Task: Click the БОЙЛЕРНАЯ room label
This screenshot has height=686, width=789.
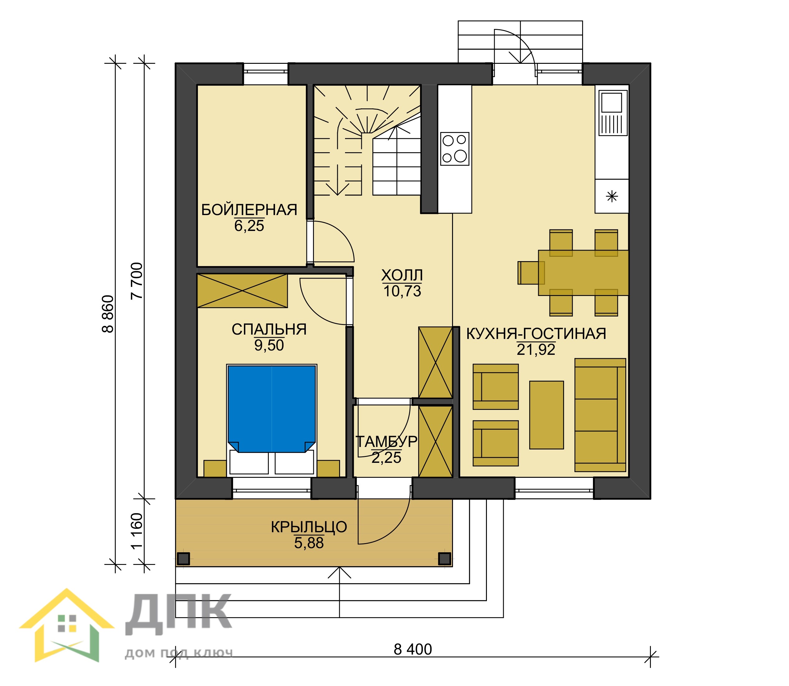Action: point(249,210)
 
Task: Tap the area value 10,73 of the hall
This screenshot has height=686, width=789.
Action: point(402,291)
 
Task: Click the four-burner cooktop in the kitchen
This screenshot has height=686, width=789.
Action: point(455,148)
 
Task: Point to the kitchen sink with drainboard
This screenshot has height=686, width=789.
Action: point(613,113)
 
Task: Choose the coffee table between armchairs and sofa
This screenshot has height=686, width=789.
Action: point(546,415)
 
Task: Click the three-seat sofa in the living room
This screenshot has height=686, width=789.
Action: point(600,415)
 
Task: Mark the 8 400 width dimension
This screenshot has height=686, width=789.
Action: point(413,649)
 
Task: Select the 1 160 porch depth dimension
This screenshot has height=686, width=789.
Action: point(137,531)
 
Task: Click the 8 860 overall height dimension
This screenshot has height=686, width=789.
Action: point(108,314)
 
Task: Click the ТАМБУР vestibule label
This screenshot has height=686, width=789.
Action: point(386,441)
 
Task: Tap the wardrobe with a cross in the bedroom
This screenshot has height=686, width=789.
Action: point(242,291)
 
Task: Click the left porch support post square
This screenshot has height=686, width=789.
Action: point(184,558)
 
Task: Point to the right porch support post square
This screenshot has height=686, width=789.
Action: point(444,558)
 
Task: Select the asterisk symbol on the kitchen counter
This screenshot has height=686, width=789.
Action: point(612,196)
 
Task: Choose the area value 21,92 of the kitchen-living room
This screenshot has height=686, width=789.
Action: point(536,349)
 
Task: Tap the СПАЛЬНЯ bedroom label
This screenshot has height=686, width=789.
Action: point(269,329)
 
